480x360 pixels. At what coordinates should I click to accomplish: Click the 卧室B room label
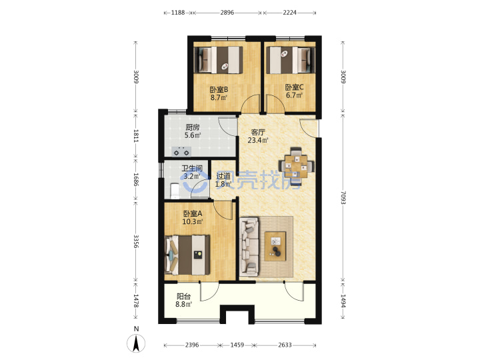(x=219, y=90)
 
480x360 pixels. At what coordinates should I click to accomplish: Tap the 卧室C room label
(x=294, y=87)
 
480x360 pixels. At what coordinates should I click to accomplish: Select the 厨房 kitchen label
(x=193, y=127)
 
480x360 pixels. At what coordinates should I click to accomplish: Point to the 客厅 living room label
(x=258, y=132)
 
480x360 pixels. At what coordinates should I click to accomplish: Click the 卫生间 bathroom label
(x=192, y=169)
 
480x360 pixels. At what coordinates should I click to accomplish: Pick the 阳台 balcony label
(x=184, y=296)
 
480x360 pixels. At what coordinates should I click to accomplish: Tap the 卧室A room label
(x=193, y=213)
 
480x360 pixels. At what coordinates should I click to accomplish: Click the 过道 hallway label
(x=223, y=176)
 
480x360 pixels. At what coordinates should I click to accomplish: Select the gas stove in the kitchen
(x=181, y=151)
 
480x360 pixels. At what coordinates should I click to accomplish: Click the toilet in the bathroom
(x=175, y=191)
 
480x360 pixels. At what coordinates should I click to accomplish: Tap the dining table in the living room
(x=296, y=167)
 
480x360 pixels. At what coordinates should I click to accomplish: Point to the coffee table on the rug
(x=275, y=247)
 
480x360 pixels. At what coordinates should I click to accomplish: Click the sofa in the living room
(x=249, y=245)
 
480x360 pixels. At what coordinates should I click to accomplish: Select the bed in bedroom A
(x=187, y=255)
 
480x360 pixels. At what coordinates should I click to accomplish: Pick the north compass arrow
(x=136, y=343)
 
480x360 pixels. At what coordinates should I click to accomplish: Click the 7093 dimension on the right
(x=343, y=198)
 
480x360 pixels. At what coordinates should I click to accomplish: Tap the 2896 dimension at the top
(x=227, y=13)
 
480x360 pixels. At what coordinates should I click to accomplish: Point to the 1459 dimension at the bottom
(x=237, y=345)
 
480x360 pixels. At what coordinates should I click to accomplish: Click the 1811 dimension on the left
(x=136, y=135)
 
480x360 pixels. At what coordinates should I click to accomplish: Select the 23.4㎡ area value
(x=258, y=140)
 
